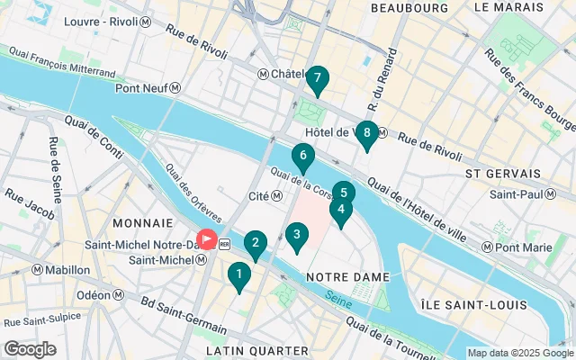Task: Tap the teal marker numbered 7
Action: (x=317, y=80)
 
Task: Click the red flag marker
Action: (x=206, y=239)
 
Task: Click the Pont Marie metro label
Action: (x=517, y=247)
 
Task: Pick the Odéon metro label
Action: (x=99, y=295)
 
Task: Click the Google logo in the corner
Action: (x=30, y=349)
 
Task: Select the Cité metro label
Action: (x=265, y=196)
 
